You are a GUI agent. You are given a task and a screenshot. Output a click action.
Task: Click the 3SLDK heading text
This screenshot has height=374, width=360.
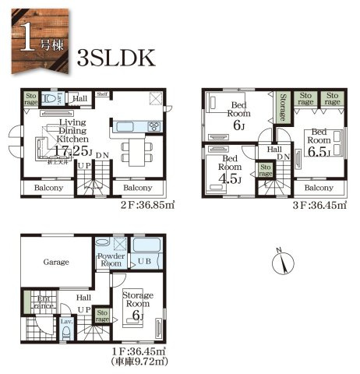tap(118, 58)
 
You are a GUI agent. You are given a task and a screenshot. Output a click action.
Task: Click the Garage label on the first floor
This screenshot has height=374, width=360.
tap(56, 263)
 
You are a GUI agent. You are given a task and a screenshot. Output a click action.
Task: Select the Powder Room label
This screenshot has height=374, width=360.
tap(111, 260)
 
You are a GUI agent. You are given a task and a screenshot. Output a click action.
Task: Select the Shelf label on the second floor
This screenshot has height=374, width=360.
tap(102, 94)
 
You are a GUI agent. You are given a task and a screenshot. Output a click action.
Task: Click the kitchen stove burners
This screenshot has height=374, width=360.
tap(153, 126)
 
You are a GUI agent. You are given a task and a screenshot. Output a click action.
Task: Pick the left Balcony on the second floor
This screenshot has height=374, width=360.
tap(47, 189)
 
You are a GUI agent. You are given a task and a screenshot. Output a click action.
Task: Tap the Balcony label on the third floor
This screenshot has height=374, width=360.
tap(318, 188)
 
